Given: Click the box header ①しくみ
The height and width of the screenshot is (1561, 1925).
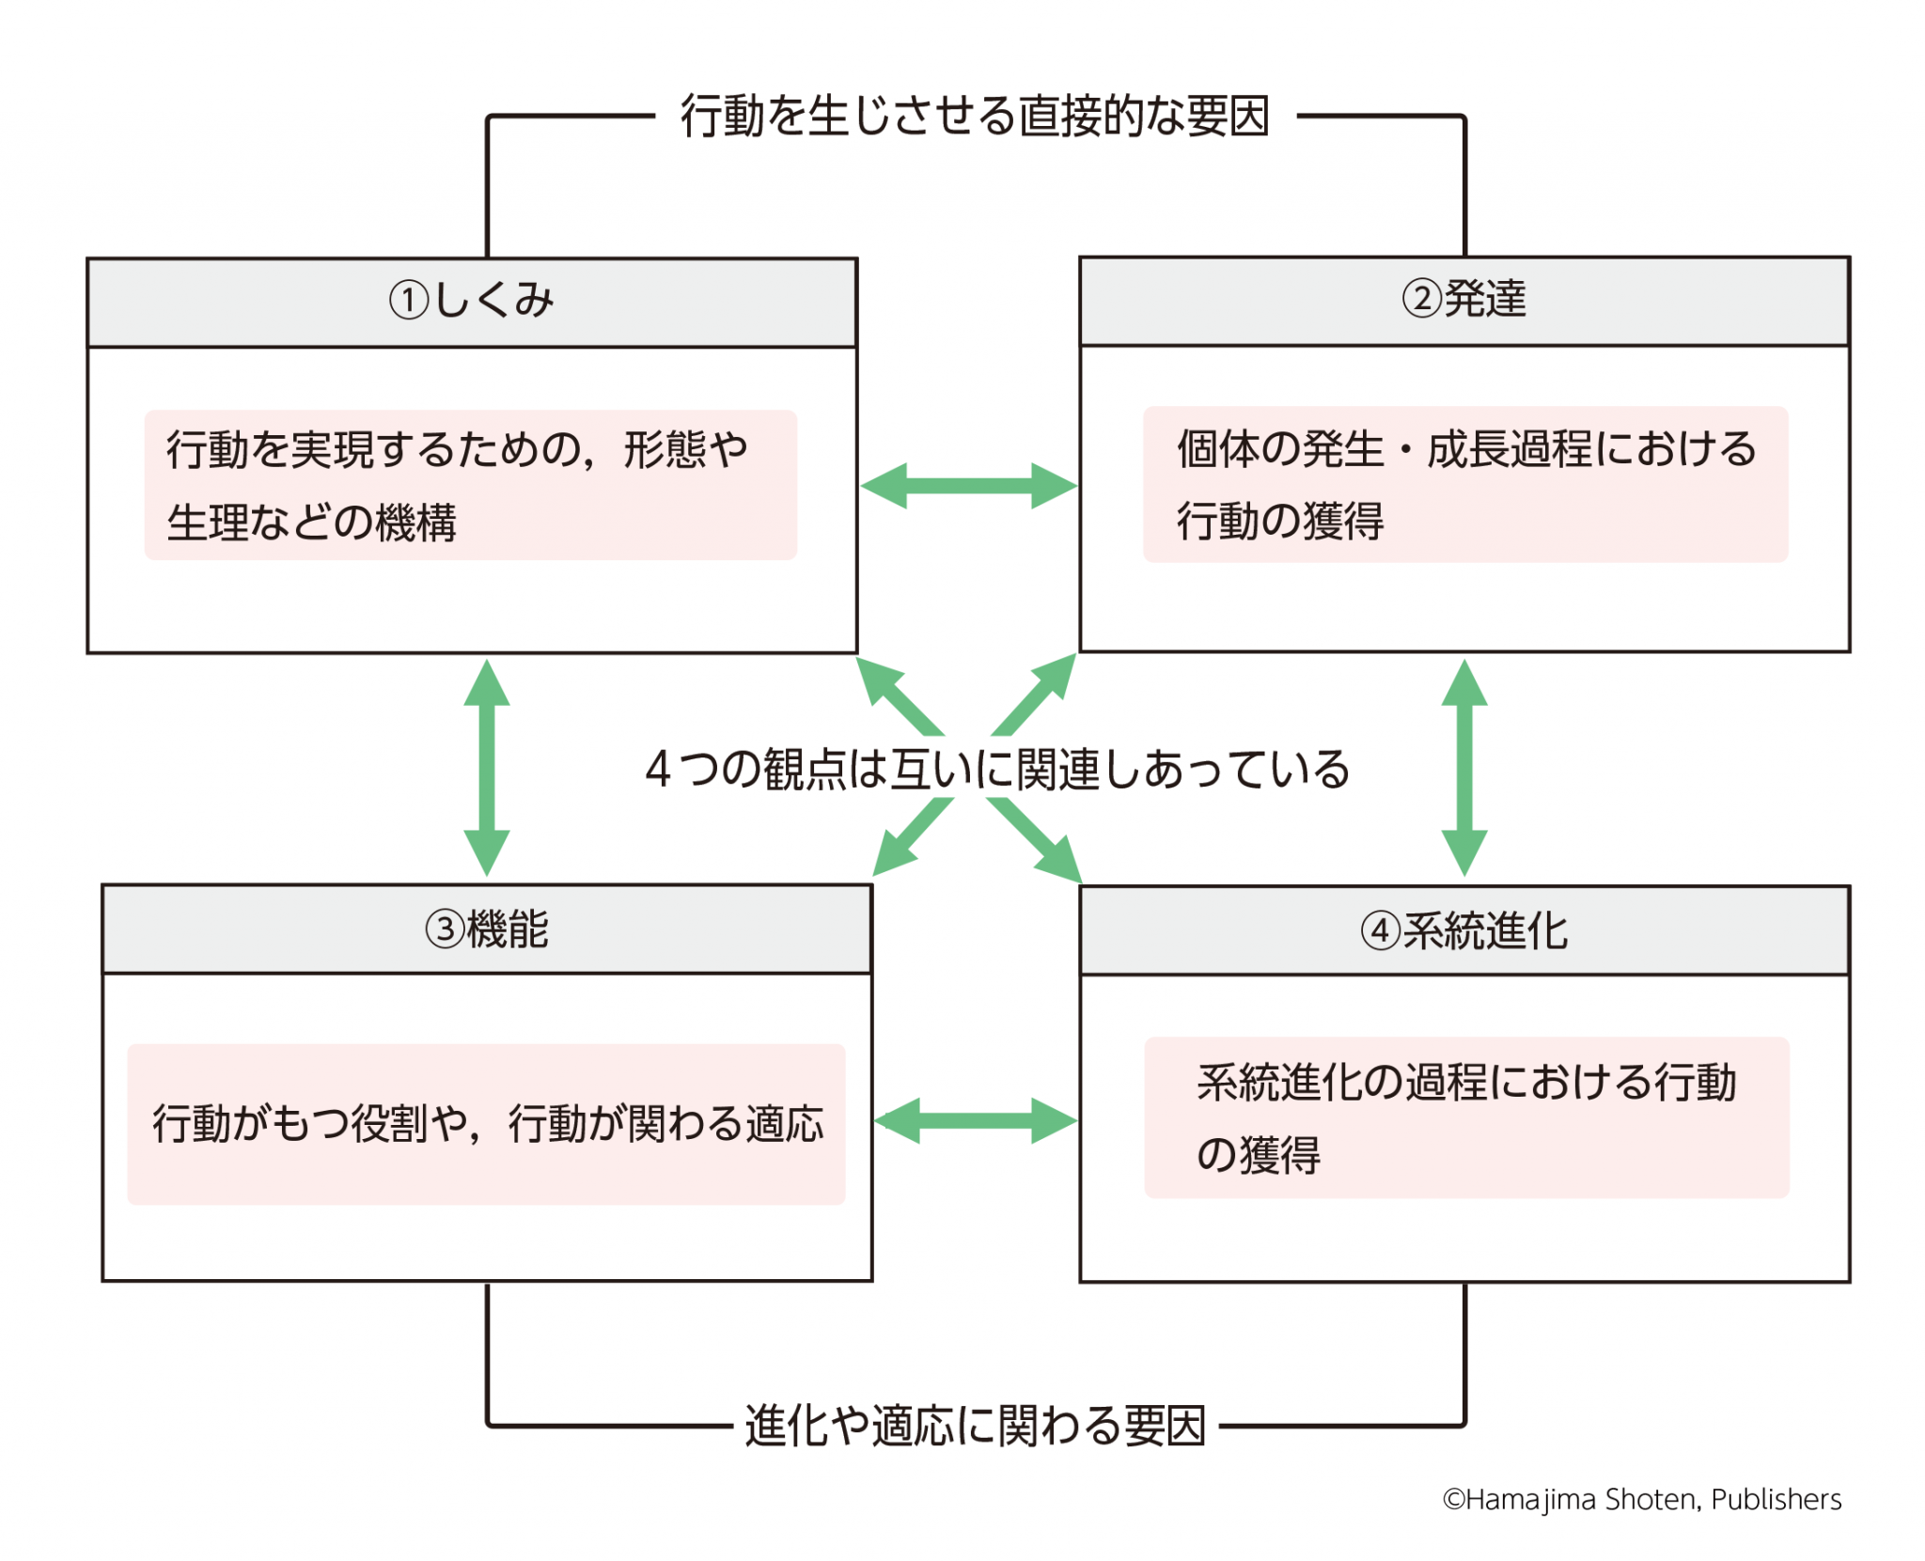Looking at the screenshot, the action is [x=472, y=303].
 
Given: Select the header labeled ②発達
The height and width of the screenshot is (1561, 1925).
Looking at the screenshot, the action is [x=1464, y=302].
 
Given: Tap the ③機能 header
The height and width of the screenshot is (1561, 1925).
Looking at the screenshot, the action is [x=487, y=929].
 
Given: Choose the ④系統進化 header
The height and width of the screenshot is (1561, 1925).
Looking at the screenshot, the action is [x=1464, y=931].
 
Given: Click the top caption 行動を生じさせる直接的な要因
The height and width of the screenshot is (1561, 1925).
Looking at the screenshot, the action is [x=975, y=117].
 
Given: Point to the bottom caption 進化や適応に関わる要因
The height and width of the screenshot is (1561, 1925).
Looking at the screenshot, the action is [x=975, y=1425].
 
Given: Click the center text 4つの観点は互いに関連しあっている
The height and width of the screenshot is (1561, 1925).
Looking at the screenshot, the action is [x=997, y=769].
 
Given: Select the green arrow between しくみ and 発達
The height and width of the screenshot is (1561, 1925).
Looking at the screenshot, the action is [x=969, y=486].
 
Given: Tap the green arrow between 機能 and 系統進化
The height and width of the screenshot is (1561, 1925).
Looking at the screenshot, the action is [x=976, y=1120].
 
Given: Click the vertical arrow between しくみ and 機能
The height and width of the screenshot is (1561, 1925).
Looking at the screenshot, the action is [x=487, y=768].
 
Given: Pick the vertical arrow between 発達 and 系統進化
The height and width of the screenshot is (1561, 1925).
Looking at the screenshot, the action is [x=1464, y=768].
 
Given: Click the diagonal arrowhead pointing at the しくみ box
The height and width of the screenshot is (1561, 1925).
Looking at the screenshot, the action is [x=880, y=679].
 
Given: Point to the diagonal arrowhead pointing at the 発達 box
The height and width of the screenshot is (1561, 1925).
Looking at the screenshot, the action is [x=1054, y=677].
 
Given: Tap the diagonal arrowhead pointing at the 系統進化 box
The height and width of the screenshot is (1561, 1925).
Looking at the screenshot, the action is [x=1058, y=859].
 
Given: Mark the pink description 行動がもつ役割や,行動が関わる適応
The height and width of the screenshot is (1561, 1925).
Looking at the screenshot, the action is [x=487, y=1123].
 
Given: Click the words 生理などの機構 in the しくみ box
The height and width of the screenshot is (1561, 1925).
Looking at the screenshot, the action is [x=311, y=522].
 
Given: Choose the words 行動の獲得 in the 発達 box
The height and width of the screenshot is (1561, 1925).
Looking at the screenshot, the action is [x=1280, y=521].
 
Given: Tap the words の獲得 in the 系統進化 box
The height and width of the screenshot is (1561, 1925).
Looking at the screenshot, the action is [x=1258, y=1154].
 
